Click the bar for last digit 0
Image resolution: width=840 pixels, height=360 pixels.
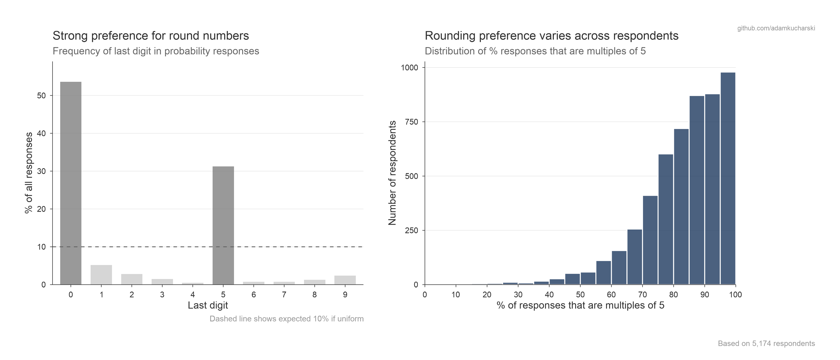pos(71,183)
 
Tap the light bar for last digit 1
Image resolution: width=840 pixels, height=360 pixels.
pos(101,275)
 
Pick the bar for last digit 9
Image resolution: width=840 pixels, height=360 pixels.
pos(345,280)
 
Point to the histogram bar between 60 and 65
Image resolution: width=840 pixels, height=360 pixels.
pos(619,267)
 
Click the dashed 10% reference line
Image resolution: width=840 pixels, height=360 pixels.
pos(293,247)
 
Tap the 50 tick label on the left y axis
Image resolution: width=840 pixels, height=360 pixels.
pos(41,96)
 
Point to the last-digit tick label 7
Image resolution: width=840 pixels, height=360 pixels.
pos(284,295)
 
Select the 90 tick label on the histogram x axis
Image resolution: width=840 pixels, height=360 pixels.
pos(705,295)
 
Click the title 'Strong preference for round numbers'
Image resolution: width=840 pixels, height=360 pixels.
pos(151,36)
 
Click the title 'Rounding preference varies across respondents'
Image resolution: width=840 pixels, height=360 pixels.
pos(551,36)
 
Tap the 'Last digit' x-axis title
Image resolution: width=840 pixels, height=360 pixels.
pos(208,306)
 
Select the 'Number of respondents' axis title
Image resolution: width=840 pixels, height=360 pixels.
pos(392,173)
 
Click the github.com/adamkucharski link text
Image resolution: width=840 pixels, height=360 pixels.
pos(776,28)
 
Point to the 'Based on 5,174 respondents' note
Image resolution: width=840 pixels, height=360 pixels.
pos(766,343)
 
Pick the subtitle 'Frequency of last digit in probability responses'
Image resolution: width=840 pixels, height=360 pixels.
pos(156,51)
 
